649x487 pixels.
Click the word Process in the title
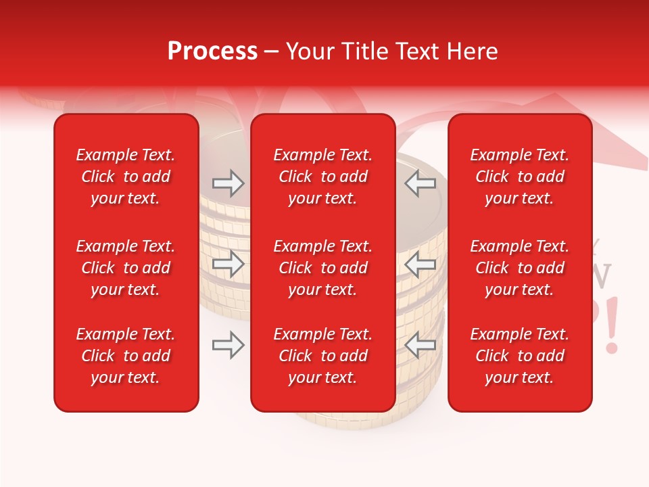click(212, 51)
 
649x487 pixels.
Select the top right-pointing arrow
click(228, 183)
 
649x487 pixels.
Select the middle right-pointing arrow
click(228, 264)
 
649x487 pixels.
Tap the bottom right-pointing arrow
click(228, 346)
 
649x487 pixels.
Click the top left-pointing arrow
click(420, 183)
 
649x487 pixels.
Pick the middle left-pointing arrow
click(420, 264)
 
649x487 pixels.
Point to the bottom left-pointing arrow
click(420, 346)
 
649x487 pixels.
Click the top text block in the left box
click(126, 177)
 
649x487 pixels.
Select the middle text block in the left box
click(126, 268)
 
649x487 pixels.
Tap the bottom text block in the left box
click(126, 356)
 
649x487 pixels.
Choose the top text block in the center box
click(322, 177)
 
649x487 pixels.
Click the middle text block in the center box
click(322, 268)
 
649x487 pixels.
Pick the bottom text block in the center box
click(322, 356)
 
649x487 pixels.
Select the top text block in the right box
click(519, 177)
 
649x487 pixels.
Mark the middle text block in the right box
click(519, 268)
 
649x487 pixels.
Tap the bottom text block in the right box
click(519, 356)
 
